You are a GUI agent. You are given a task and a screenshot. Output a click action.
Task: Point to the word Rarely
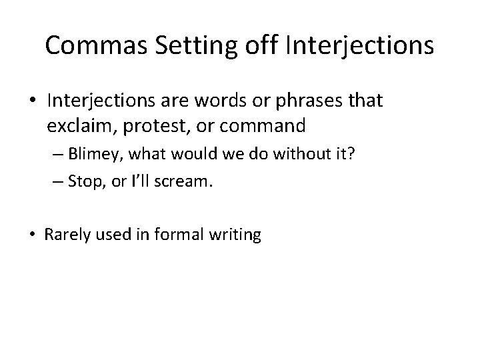coord(63,235)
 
